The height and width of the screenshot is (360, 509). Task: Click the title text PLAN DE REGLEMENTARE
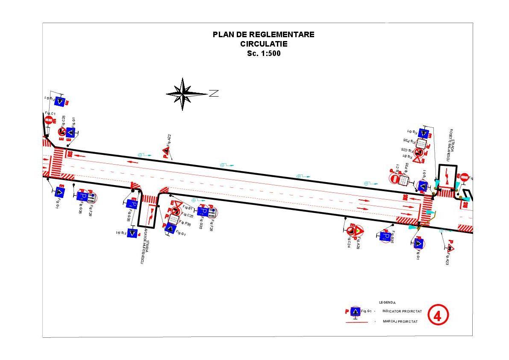pyautogui.click(x=263, y=35)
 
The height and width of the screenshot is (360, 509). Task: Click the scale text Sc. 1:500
pyautogui.click(x=264, y=54)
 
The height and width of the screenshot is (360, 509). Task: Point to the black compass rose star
pyautogui.click(x=183, y=94)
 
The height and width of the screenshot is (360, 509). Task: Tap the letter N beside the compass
pyautogui.click(x=214, y=93)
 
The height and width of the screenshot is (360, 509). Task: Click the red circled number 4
pyautogui.click(x=438, y=316)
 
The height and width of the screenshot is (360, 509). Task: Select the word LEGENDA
pyautogui.click(x=387, y=302)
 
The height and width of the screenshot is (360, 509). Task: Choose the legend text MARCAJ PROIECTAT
pyautogui.click(x=400, y=322)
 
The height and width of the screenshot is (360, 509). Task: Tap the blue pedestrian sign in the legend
pyautogui.click(x=354, y=312)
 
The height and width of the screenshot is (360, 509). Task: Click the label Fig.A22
pyautogui.click(x=169, y=141)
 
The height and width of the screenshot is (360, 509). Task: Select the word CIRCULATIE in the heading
pyautogui.click(x=263, y=44)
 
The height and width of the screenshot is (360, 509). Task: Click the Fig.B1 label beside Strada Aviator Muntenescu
pyautogui.click(x=188, y=207)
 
